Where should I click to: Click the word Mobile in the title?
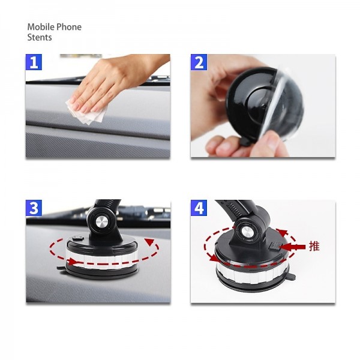[41, 27]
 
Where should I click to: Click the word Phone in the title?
[69, 27]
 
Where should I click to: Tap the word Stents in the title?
[40, 37]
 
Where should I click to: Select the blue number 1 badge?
[34, 62]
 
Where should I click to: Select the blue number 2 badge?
[199, 62]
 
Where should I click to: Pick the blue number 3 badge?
[34, 208]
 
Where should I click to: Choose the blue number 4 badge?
[199, 208]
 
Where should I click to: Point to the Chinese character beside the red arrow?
[314, 247]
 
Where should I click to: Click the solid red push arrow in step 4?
[292, 247]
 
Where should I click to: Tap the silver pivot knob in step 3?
[102, 223]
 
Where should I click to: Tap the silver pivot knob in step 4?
[247, 234]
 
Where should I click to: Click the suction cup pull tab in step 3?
[61, 268]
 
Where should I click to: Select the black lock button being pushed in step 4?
[274, 246]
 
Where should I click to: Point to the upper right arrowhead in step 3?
[149, 242]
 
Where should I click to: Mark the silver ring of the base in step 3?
[102, 258]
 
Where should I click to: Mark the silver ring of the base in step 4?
[252, 272]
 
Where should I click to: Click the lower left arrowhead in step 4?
[214, 258]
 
